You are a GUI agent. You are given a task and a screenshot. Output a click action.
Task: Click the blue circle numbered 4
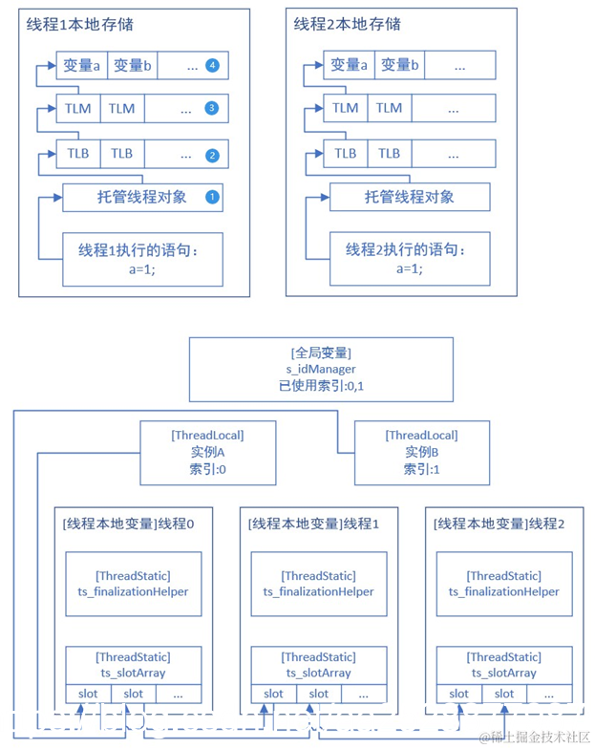tap(212, 66)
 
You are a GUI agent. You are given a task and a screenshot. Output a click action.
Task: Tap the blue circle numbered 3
tap(212, 109)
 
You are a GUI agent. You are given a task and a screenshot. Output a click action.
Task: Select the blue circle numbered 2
tap(212, 154)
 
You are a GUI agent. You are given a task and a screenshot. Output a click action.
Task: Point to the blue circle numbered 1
tap(212, 198)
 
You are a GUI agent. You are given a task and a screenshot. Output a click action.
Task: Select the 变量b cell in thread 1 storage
tap(134, 66)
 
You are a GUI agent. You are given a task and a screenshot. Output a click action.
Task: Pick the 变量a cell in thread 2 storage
tap(348, 66)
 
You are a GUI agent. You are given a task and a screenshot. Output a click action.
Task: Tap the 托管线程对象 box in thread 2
tap(409, 198)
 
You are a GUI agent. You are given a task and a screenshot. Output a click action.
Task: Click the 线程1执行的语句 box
tap(142, 259)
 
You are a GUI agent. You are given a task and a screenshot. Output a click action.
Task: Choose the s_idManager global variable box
tap(322, 369)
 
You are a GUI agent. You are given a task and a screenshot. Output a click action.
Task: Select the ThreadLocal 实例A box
tap(207, 453)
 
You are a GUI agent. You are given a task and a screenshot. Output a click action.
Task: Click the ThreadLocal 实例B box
tap(421, 453)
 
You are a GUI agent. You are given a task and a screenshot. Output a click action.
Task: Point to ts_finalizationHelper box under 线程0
tap(134, 584)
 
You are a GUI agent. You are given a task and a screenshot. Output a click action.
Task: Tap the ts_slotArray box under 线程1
tap(319, 665)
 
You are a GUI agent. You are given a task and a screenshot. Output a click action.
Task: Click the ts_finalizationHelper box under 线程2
tap(504, 584)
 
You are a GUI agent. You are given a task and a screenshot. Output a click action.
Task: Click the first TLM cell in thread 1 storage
tap(78, 109)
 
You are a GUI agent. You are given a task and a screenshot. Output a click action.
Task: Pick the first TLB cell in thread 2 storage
tap(346, 154)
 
